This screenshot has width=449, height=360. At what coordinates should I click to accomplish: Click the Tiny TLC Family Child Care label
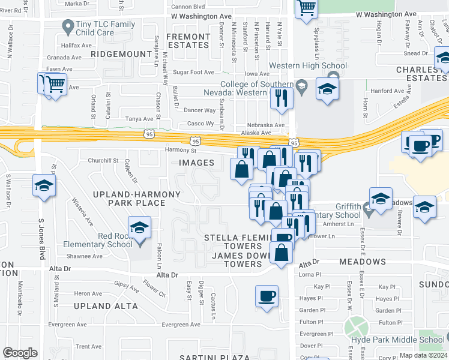pyautogui.click(x=105, y=28)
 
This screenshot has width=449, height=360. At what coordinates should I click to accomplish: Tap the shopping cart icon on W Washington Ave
pyautogui.click(x=307, y=8)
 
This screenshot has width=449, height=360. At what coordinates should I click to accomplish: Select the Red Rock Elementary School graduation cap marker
pyautogui.click(x=139, y=229)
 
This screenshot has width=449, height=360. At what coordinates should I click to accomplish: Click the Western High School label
pyautogui.click(x=308, y=65)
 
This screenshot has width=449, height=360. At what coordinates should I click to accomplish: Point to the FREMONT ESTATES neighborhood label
pyautogui.click(x=188, y=41)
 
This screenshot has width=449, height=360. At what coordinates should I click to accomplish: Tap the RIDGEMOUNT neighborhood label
pyautogui.click(x=122, y=54)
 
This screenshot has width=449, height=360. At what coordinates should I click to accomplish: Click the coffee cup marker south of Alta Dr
pyautogui.click(x=267, y=296)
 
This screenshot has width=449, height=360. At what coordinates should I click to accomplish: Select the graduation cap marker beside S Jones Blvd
pyautogui.click(x=44, y=187)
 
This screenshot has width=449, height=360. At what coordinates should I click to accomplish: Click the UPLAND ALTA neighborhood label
pyautogui.click(x=106, y=306)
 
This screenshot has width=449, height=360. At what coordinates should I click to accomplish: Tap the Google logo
pyautogui.click(x=20, y=353)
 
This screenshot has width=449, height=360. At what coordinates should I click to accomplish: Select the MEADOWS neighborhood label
pyautogui.click(x=363, y=262)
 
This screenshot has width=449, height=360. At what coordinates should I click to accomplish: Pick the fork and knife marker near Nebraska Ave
pyautogui.click(x=281, y=98)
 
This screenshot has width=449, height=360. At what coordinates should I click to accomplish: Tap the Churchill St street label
pyautogui.click(x=103, y=161)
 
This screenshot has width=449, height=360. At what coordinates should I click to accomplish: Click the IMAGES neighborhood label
pyautogui.click(x=196, y=163)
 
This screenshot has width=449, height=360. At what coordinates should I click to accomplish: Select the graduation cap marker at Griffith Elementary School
pyautogui.click(x=381, y=199)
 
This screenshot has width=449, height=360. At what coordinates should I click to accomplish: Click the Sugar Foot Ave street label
pyautogui.click(x=193, y=72)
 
